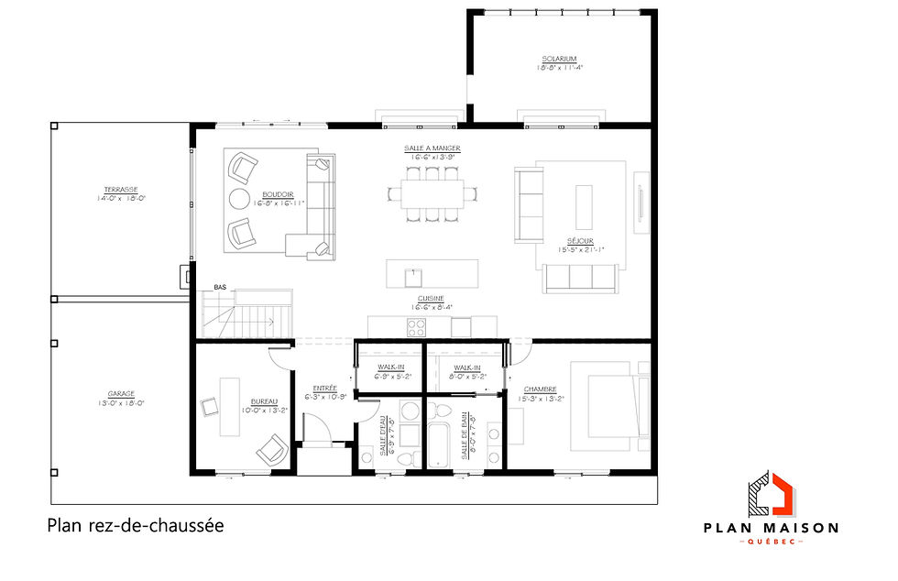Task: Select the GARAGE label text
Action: coord(121,396)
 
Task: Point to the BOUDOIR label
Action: coord(277,194)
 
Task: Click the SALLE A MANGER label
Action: coord(432,148)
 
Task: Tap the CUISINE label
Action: coord(430,299)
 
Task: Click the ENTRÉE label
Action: coord(325,388)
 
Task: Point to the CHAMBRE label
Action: coord(540,389)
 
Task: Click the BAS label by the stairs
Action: coord(220,288)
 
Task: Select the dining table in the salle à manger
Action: coord(433,193)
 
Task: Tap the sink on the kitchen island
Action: coord(414,272)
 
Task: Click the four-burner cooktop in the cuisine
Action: coord(415,327)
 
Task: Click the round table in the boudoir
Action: coord(238,200)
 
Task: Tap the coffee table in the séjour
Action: coord(584,207)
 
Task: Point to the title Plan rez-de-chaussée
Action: coord(135,526)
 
